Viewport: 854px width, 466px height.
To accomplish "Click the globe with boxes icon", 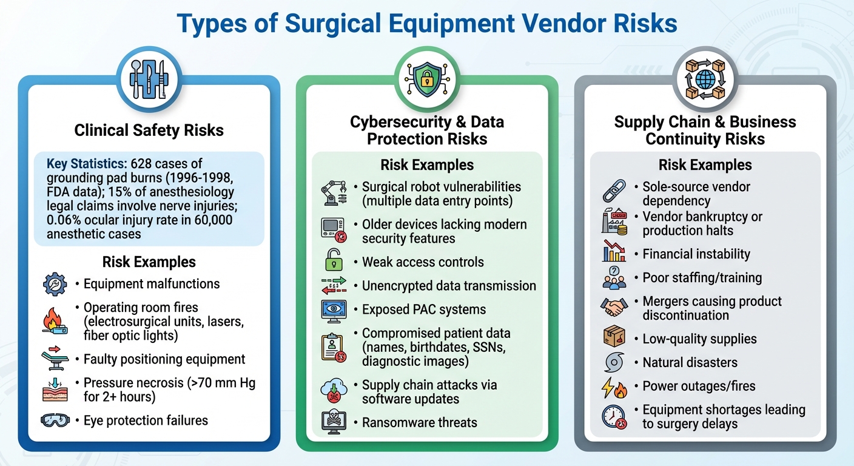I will point(705,79).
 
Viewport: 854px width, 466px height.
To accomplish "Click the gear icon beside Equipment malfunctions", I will point(55,284).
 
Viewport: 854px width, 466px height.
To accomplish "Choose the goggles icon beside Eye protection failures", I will point(55,420).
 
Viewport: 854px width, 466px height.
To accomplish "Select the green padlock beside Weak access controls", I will point(333,262).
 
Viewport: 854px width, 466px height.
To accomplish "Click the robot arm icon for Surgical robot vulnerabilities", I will point(333,194).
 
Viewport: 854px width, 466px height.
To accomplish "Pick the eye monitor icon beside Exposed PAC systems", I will point(333,310).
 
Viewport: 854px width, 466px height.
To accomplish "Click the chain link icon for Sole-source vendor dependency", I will point(614,191).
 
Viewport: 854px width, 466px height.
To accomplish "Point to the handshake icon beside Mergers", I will point(614,308).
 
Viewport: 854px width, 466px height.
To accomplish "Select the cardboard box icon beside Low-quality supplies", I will point(614,339).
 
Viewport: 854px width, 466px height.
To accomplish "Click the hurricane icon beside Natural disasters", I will point(614,363).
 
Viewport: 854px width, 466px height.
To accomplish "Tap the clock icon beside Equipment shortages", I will point(614,417).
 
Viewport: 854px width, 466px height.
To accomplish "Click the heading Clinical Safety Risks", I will point(149,130).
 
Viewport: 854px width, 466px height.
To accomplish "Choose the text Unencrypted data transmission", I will point(449,286).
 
